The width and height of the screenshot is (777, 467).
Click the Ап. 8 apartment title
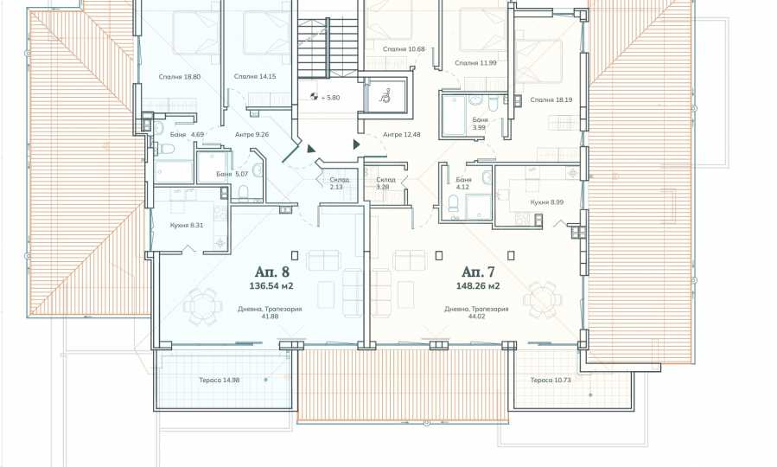[x=271, y=272]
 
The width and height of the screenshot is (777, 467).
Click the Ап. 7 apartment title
[x=478, y=272]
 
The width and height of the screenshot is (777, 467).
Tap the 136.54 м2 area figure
[x=271, y=286]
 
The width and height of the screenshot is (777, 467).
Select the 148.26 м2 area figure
[x=478, y=286]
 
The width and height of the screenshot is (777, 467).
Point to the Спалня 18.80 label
[x=180, y=77]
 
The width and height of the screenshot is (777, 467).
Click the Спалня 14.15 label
[x=255, y=76]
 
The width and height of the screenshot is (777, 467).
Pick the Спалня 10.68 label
[x=404, y=49]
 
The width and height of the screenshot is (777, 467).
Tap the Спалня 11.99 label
[x=475, y=63]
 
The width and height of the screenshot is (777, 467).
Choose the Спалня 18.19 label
[x=551, y=99]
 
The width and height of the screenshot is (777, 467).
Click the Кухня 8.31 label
[x=187, y=225]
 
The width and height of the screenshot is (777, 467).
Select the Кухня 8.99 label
[x=546, y=202]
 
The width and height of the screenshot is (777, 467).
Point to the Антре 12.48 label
[x=401, y=134]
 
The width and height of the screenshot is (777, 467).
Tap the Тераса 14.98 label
[x=219, y=381]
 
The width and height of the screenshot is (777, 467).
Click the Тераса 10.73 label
[x=551, y=381]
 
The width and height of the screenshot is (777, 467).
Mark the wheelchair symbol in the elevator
[x=385, y=95]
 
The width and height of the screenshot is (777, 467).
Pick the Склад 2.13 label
[x=340, y=183]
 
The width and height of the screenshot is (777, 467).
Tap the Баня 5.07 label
[x=232, y=174]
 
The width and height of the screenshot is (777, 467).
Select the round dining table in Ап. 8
[x=201, y=305]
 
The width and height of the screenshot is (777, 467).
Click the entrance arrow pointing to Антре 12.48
[x=356, y=144]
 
